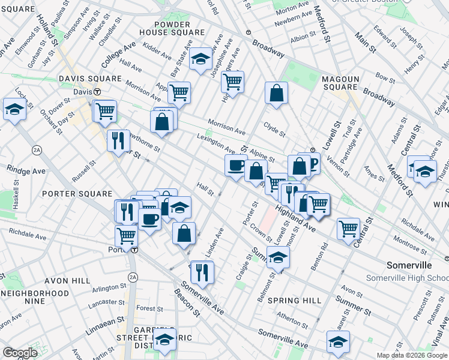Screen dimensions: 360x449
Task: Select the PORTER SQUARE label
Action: coord(77,194)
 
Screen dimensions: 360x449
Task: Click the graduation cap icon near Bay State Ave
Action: coord(200,59)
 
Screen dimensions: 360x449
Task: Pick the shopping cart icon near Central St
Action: coord(348,228)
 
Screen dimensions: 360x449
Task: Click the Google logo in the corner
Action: coord(19,352)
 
